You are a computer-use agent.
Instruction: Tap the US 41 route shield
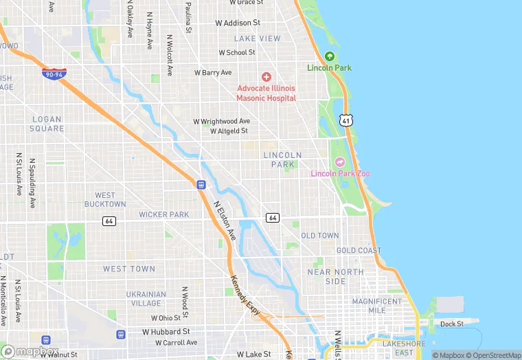(x=347, y=120)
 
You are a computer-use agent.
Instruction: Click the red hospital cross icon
(x=266, y=77)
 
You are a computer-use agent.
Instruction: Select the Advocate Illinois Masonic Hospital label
(x=266, y=93)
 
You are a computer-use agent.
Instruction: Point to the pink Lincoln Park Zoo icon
(x=339, y=162)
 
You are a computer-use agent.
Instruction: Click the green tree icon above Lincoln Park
(x=330, y=56)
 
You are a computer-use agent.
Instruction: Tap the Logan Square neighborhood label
(x=48, y=124)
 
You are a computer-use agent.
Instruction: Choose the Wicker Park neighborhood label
(x=163, y=214)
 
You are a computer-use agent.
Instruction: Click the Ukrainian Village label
(x=146, y=298)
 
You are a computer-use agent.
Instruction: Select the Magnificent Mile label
(x=377, y=306)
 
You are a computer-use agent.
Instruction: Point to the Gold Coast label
(x=359, y=251)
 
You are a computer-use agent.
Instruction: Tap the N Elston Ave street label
(x=225, y=220)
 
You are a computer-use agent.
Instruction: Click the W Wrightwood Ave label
(x=221, y=121)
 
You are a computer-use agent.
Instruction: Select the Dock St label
(x=452, y=324)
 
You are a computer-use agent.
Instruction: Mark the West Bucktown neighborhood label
(x=105, y=200)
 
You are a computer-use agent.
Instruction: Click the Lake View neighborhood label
(x=257, y=38)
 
